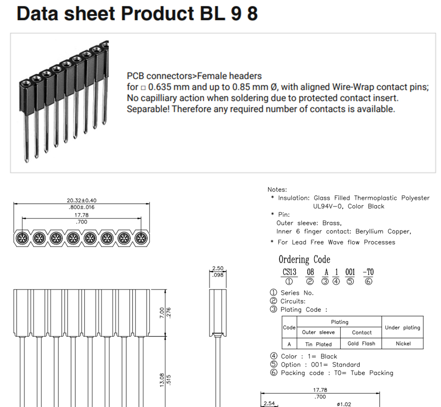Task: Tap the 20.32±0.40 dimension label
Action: (x=82, y=200)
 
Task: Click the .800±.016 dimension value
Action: (x=82, y=207)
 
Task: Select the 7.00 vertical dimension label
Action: (x=162, y=313)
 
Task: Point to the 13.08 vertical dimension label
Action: (x=162, y=380)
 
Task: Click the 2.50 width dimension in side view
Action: (x=218, y=268)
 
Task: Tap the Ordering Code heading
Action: (x=304, y=260)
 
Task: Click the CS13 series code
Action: (x=289, y=272)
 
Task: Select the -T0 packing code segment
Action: (x=368, y=272)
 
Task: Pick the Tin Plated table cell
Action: (x=318, y=344)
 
